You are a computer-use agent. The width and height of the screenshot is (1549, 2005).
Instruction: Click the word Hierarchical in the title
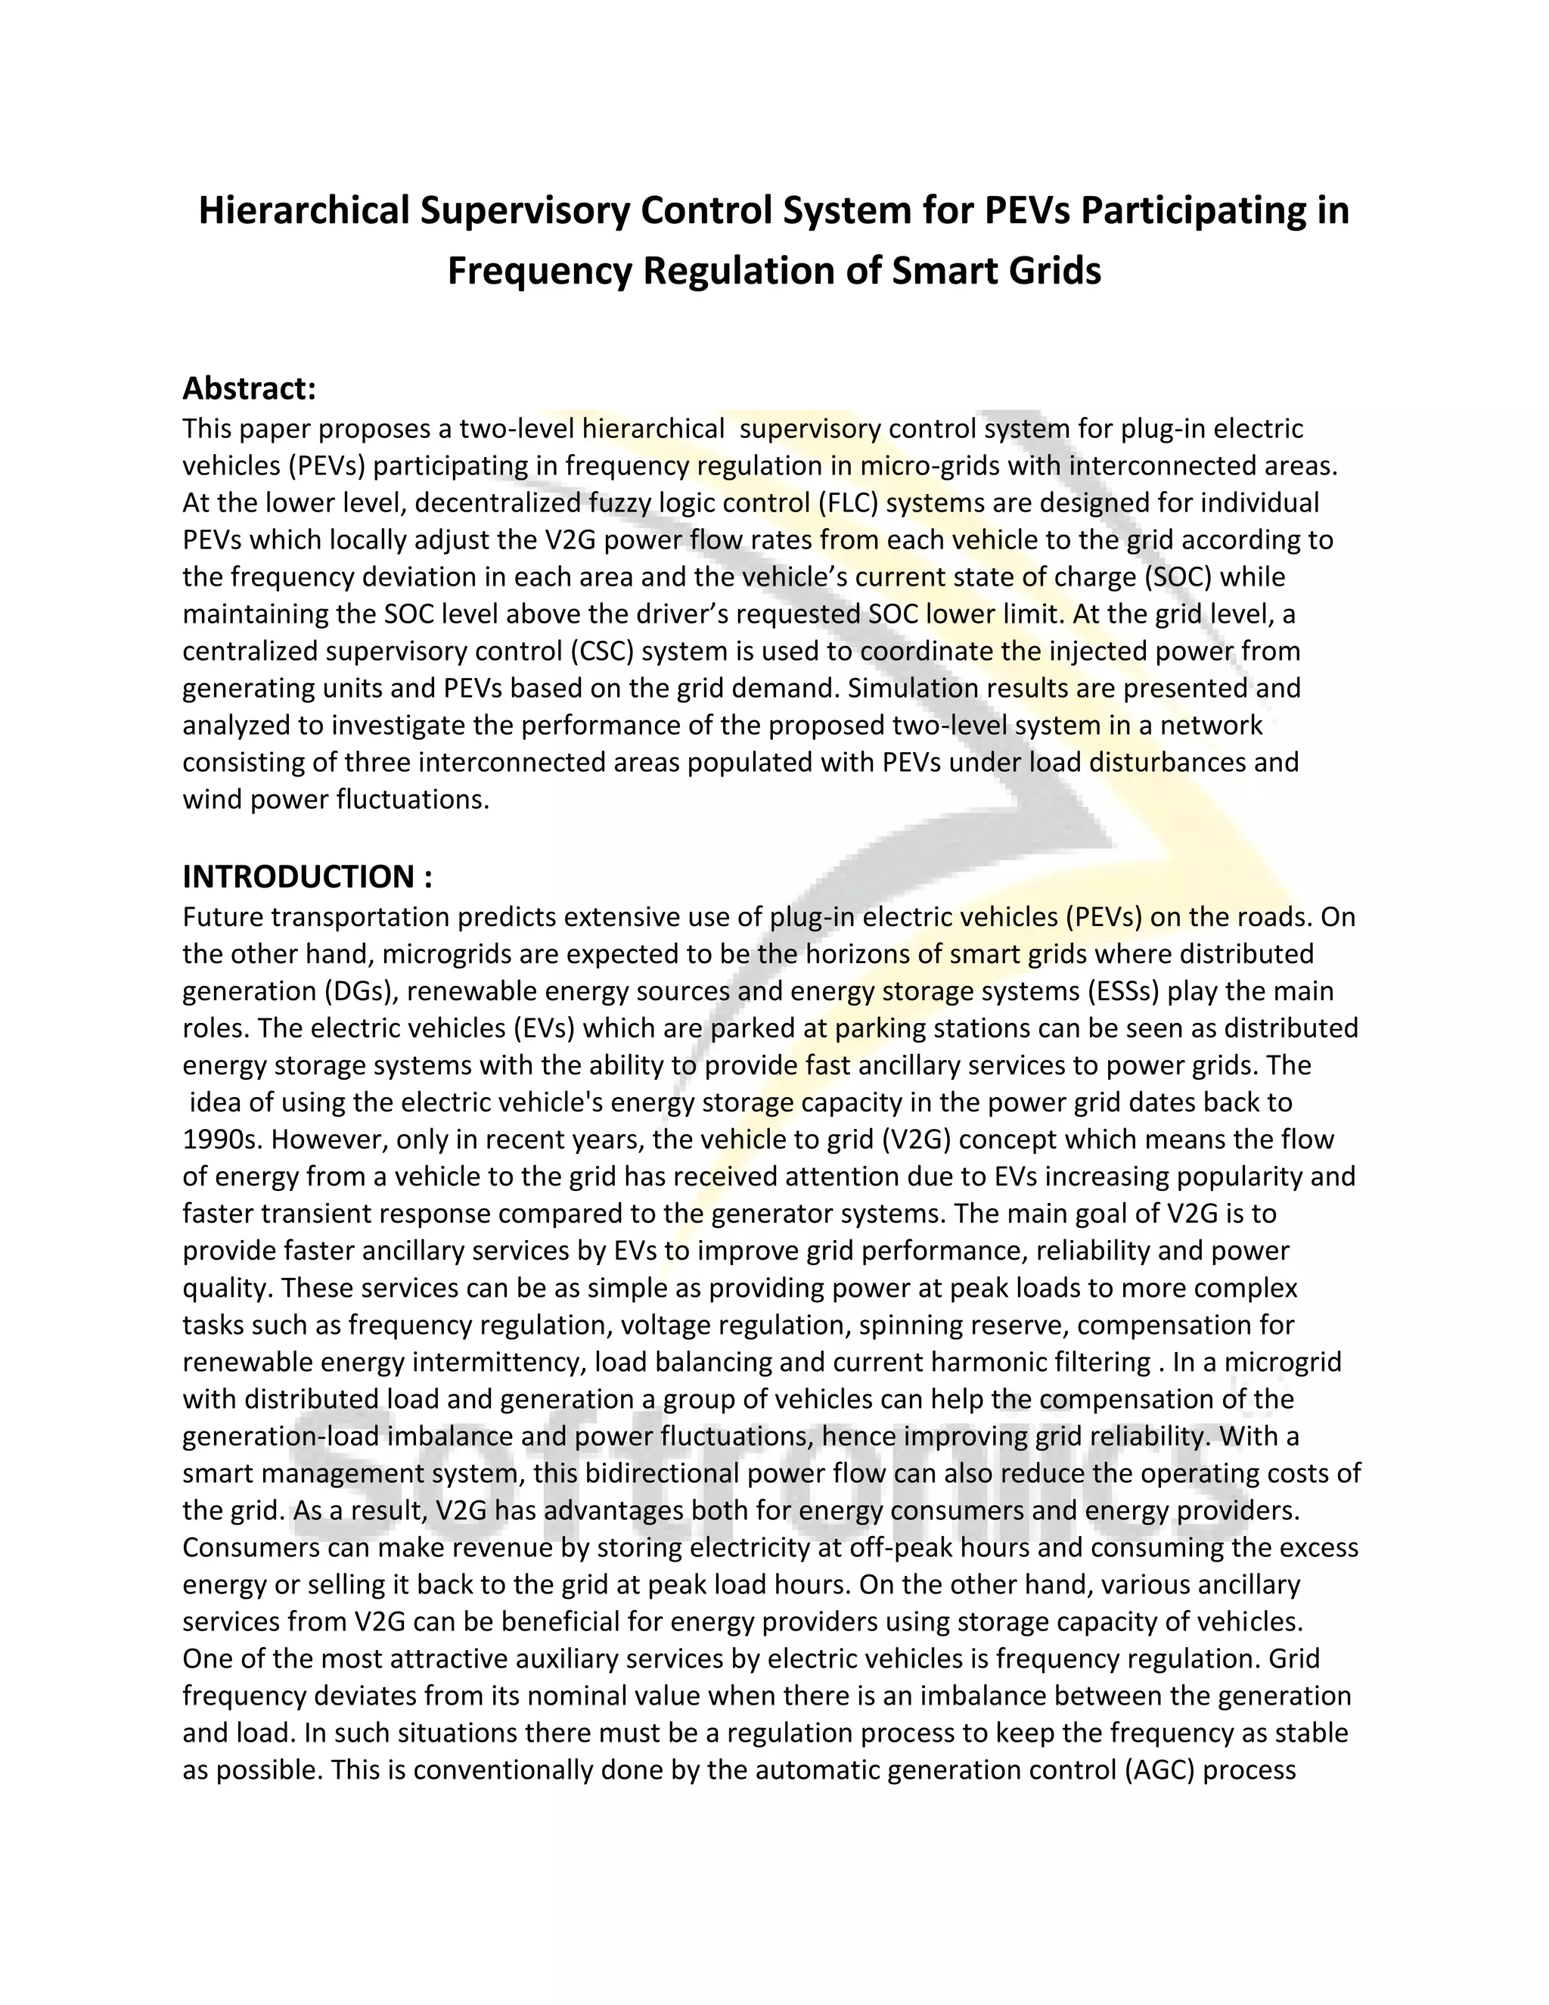pos(305,210)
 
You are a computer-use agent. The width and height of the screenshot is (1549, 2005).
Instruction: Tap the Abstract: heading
pos(249,388)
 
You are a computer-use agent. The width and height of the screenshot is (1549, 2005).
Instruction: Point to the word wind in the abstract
pos(213,800)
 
